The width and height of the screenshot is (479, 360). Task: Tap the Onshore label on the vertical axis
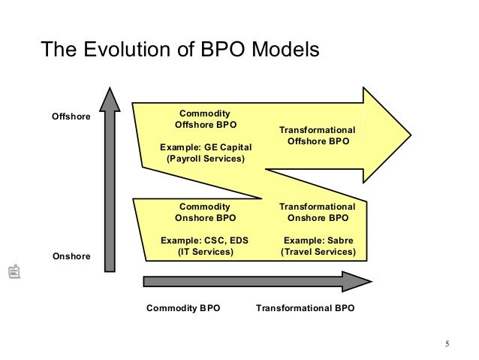point(71,256)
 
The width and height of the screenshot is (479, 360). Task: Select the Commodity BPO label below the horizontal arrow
point(183,308)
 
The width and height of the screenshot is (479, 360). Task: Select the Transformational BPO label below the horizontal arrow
point(305,308)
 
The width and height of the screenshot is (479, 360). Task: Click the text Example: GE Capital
point(205,147)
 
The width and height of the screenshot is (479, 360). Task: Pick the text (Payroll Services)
point(205,159)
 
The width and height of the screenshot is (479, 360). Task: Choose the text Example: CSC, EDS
point(205,241)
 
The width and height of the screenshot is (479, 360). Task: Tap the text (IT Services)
point(205,253)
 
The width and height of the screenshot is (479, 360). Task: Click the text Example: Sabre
point(318,241)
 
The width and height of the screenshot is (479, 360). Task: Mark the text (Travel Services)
point(318,253)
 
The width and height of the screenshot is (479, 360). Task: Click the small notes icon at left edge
point(13,272)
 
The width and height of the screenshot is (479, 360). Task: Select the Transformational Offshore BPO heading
point(318,135)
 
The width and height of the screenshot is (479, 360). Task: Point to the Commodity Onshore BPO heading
point(205,212)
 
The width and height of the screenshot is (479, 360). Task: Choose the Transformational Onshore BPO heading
point(318,212)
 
